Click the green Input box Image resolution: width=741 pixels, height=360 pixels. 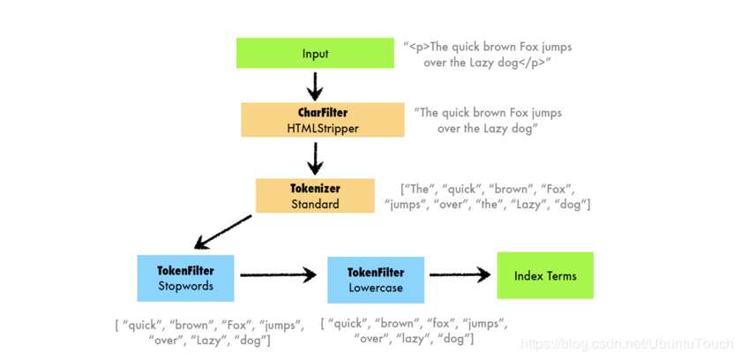point(315,54)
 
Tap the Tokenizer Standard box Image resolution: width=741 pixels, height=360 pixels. point(315,196)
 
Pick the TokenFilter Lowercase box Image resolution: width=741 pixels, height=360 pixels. point(377,280)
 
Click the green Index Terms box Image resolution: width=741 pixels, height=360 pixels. point(545,275)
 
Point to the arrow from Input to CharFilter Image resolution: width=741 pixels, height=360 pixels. point(315,86)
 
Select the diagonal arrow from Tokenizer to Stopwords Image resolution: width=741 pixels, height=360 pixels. point(224,232)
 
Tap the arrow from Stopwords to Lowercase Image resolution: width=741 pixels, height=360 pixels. point(278,276)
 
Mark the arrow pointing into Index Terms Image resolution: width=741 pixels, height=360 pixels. point(459,276)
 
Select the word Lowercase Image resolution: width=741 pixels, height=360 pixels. point(377,288)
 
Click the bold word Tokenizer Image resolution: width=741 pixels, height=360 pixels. point(315,188)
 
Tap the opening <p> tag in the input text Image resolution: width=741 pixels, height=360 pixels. point(418,46)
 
